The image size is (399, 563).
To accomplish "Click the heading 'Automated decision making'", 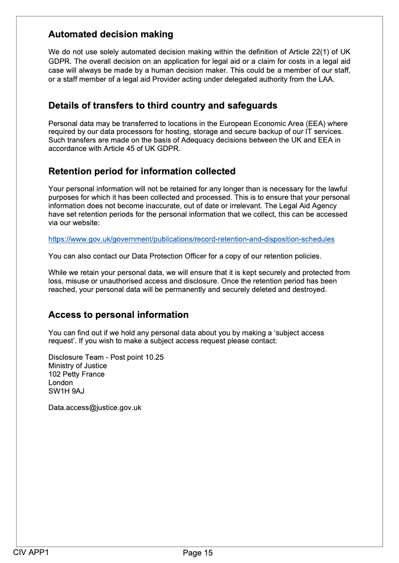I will tap(111, 34).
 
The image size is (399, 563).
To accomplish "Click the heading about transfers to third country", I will tap(163, 106).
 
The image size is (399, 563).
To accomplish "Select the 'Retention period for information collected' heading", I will tap(142, 171).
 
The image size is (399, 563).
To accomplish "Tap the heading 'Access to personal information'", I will tap(118, 315).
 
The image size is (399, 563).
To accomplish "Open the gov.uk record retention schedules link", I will tap(191, 239).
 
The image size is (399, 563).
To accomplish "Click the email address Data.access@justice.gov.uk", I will tap(95, 408).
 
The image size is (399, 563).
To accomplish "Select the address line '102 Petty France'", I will tap(76, 374).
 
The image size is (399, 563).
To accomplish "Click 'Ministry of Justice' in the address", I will tap(77, 366).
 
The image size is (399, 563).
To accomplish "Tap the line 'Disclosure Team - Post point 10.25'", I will tap(106, 357).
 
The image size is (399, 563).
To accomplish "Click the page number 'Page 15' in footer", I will tap(198, 553).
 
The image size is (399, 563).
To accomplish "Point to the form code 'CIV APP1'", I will tap(31, 552).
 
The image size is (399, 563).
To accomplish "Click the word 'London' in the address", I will tap(60, 383).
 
